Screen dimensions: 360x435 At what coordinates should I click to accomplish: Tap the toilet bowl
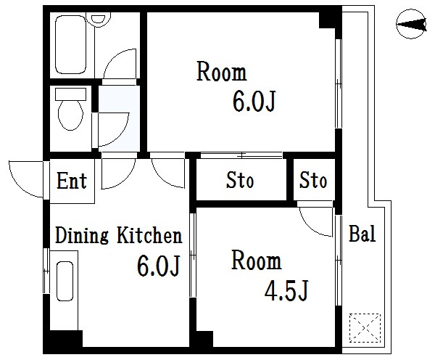[x=70, y=115]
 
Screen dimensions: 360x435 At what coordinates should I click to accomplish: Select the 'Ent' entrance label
[x=72, y=180]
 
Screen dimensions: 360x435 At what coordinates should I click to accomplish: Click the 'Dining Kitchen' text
[x=118, y=236]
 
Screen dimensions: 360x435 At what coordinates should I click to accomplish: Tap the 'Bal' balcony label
[x=362, y=234]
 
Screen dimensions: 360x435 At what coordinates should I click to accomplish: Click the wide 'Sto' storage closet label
[x=240, y=180]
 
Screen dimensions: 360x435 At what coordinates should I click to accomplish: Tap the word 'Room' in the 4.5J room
[x=256, y=261]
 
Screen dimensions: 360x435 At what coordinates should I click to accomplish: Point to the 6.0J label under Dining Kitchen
[x=158, y=267]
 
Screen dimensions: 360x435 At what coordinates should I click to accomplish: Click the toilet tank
[x=71, y=95]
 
